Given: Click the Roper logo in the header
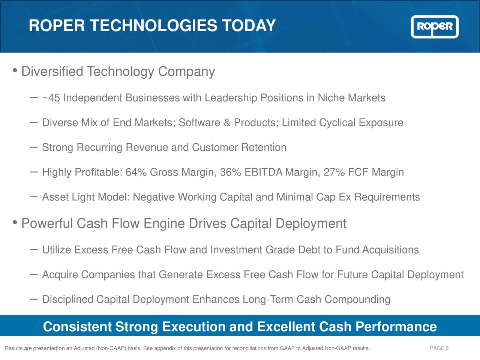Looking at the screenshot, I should click(435, 27).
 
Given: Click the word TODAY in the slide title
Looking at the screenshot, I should click(249, 26).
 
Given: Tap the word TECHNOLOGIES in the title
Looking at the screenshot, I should click(153, 26).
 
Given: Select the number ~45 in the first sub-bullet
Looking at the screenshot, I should click(51, 98).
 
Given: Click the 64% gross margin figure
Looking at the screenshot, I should click(136, 172).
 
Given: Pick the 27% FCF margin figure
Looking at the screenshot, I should click(334, 172).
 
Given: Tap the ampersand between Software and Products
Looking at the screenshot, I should click(226, 123).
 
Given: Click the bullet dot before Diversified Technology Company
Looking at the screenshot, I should click(15, 70).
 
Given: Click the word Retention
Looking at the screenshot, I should click(264, 148).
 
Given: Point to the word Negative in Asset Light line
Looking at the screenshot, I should click(154, 197).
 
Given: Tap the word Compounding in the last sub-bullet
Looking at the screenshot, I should click(357, 300).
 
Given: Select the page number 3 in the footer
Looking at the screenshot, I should click(447, 348).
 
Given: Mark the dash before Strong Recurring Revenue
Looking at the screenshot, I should click(33, 147).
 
